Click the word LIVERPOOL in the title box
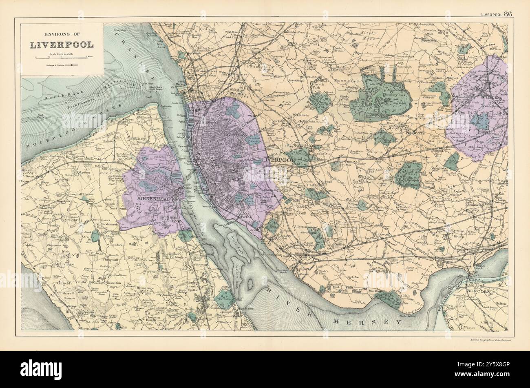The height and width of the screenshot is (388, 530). [x=61, y=44]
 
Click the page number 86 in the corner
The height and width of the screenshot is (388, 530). [x=508, y=13]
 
